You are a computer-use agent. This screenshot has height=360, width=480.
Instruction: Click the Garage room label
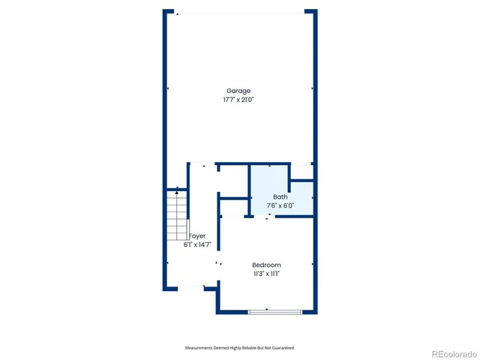pyautogui.click(x=238, y=91)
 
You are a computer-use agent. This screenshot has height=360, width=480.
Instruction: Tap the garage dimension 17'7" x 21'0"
pyautogui.click(x=238, y=99)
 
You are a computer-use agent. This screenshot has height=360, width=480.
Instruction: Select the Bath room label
pyautogui.click(x=280, y=196)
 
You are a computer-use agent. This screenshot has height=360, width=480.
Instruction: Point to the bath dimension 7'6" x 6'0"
pyautogui.click(x=280, y=205)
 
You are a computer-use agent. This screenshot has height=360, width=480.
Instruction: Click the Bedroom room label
pyautogui.click(x=266, y=265)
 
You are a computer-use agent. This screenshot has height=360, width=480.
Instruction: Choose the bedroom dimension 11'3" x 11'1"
pyautogui.click(x=266, y=274)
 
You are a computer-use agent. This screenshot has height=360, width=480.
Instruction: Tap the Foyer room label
pyautogui.click(x=197, y=235)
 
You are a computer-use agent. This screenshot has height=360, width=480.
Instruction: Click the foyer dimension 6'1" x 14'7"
pyautogui.click(x=197, y=244)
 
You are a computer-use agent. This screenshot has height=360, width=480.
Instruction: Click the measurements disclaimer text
pyautogui.click(x=240, y=348)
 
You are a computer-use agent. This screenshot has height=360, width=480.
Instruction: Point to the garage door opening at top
pyautogui.click(x=240, y=12)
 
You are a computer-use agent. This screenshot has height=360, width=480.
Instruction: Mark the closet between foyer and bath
pyautogui.click(x=232, y=183)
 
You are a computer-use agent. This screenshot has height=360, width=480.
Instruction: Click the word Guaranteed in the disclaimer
pyautogui.click(x=283, y=348)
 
